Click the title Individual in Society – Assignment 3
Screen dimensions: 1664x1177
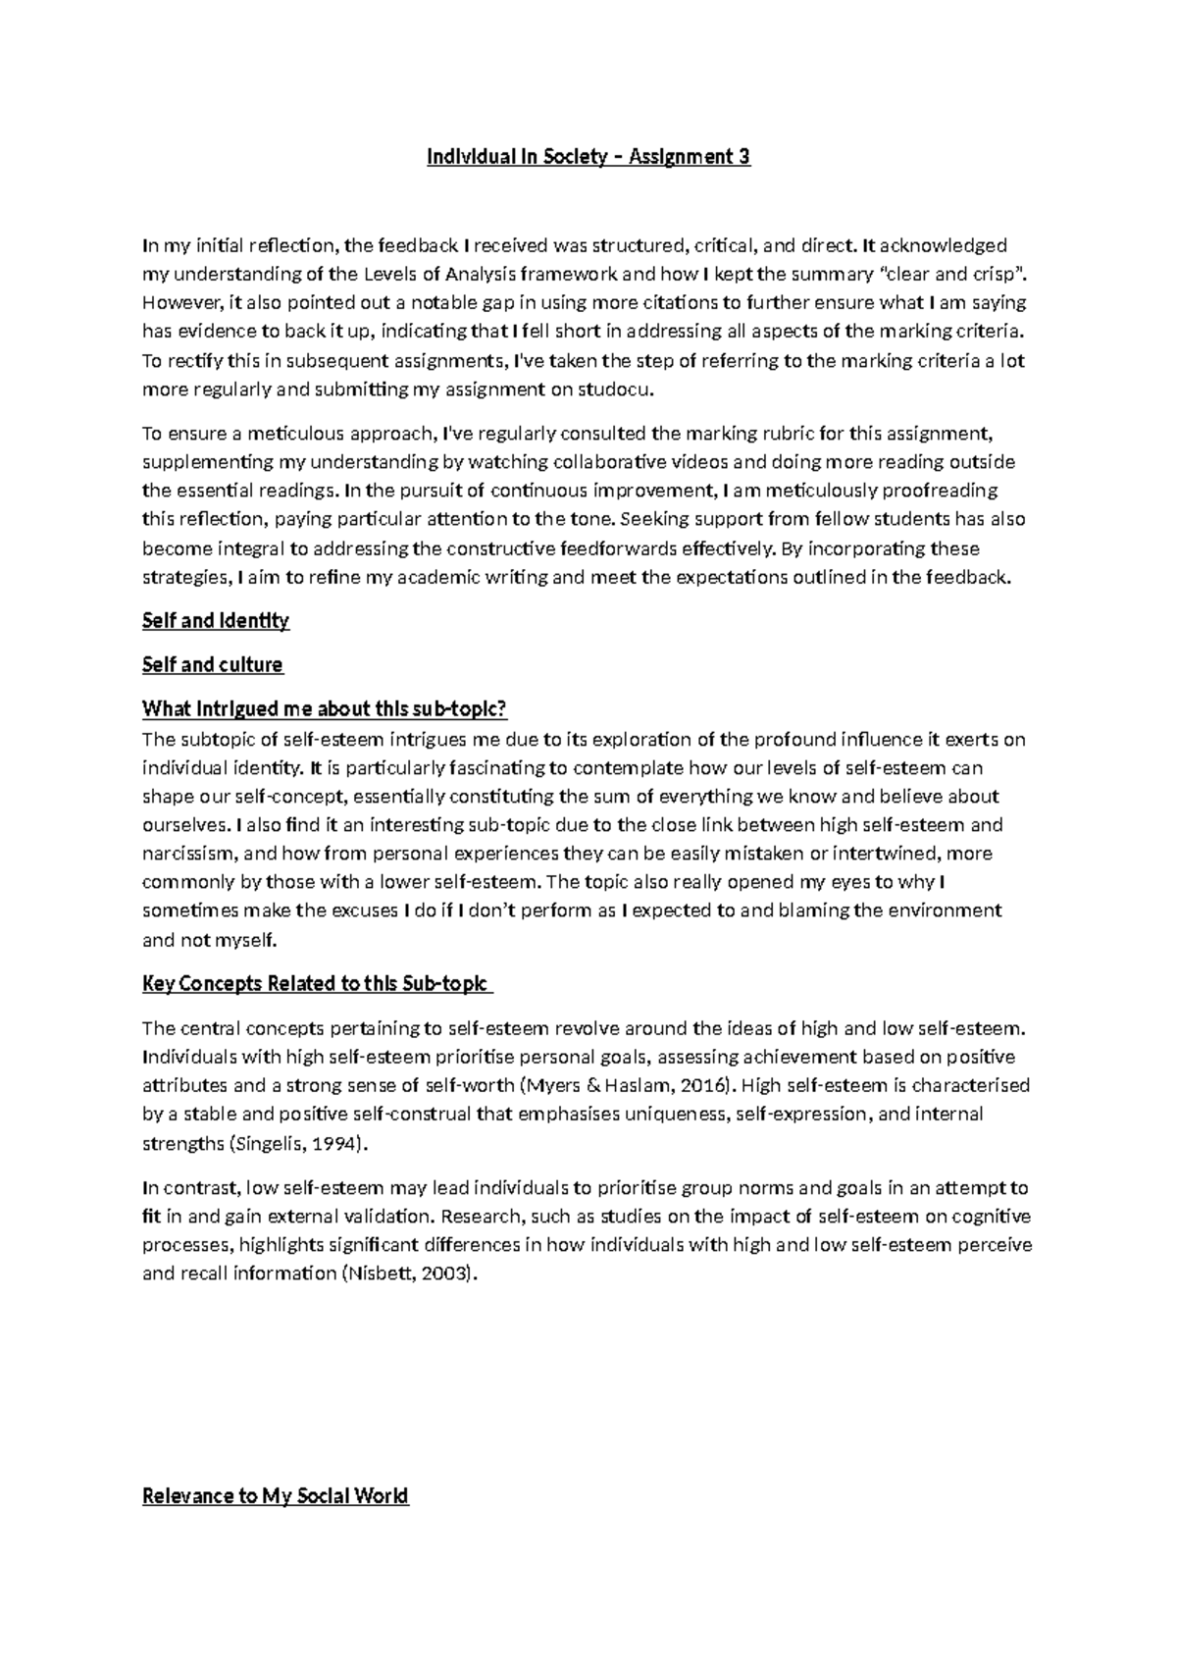pyautogui.click(x=588, y=157)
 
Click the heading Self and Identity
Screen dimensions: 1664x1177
pyautogui.click(x=216, y=621)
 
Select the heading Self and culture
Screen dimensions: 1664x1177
pyautogui.click(x=213, y=665)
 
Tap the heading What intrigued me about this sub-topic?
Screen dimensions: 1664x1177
pyautogui.click(x=325, y=709)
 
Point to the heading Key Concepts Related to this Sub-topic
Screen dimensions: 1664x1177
pyautogui.click(x=316, y=984)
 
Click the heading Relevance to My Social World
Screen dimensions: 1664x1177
pyautogui.click(x=276, y=1496)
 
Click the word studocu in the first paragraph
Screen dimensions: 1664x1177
pyautogui.click(x=615, y=390)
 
